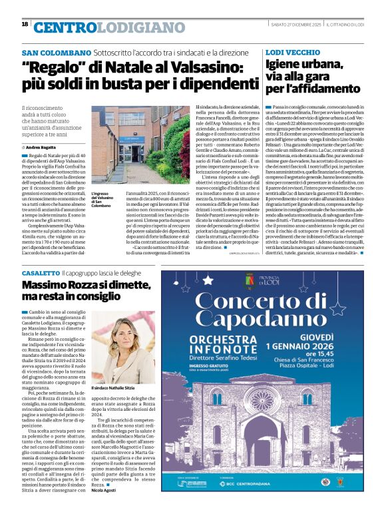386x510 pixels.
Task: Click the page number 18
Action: pos(25,24)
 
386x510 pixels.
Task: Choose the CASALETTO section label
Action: pos(41,274)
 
